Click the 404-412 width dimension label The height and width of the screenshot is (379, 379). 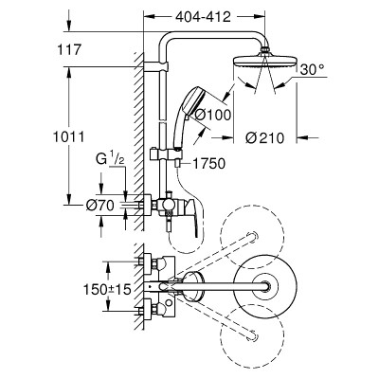(204, 17)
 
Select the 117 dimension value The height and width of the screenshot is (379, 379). (69, 49)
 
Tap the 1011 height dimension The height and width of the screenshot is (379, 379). (68, 136)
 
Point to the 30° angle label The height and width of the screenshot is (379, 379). (311, 69)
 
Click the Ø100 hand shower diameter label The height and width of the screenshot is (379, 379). (213, 115)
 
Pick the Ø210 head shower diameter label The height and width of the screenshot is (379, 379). (265, 137)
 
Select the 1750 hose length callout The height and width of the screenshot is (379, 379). (209, 164)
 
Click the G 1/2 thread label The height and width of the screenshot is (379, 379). (110, 159)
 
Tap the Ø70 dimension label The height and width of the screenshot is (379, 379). (99, 206)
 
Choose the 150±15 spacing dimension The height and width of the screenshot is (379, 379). (107, 289)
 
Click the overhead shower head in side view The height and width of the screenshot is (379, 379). (265, 61)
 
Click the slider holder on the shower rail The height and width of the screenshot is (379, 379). (166, 154)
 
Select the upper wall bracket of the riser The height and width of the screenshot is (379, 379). (156, 67)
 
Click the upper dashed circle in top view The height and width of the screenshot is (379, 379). (252, 237)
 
